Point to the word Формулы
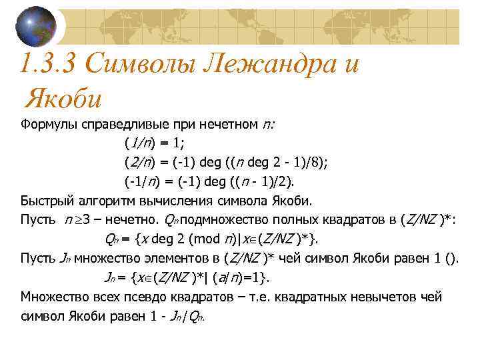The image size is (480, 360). click(48, 123)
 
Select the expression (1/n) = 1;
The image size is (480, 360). click(156, 142)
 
